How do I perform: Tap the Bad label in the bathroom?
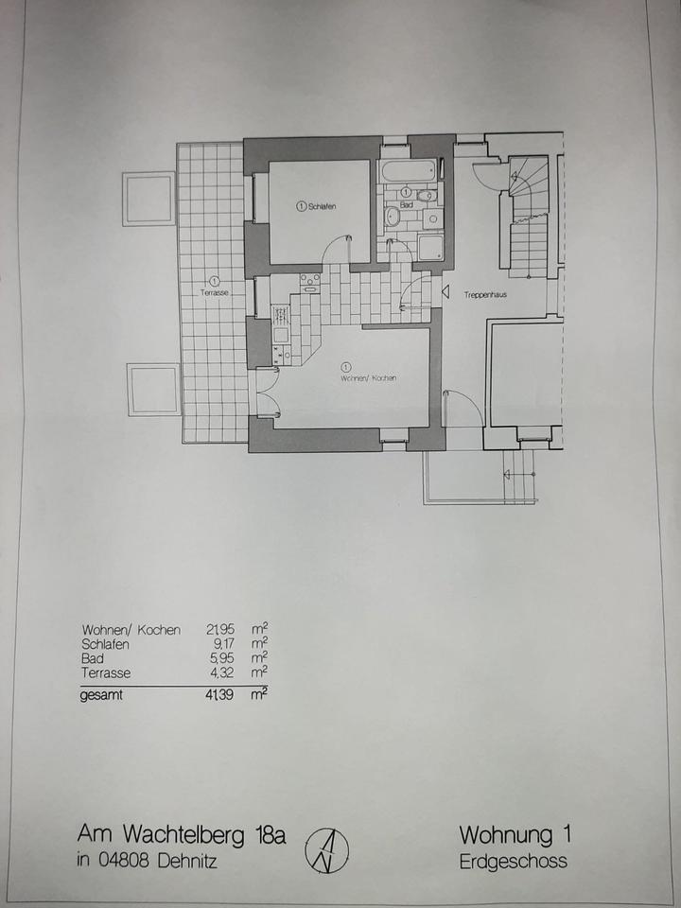tap(407, 203)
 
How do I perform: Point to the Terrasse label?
tap(215, 293)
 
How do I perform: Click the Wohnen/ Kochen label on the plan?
tap(369, 378)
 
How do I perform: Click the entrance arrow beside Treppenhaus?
tap(445, 293)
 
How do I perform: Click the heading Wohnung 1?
tap(515, 835)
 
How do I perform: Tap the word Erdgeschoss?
tap(515, 861)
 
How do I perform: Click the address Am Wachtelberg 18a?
tap(181, 835)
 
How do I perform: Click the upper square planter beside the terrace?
tap(149, 199)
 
